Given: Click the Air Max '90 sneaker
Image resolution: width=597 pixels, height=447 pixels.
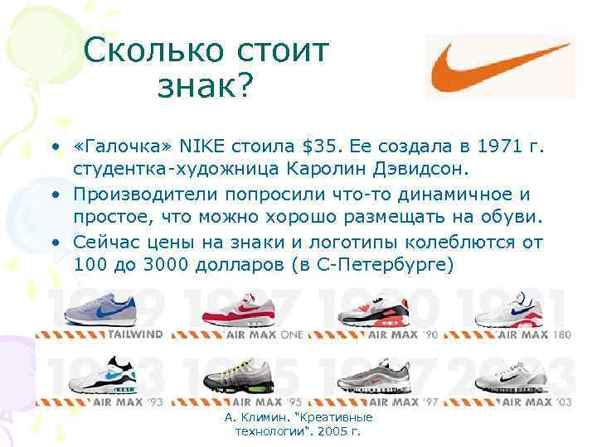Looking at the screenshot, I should pos(371,310).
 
